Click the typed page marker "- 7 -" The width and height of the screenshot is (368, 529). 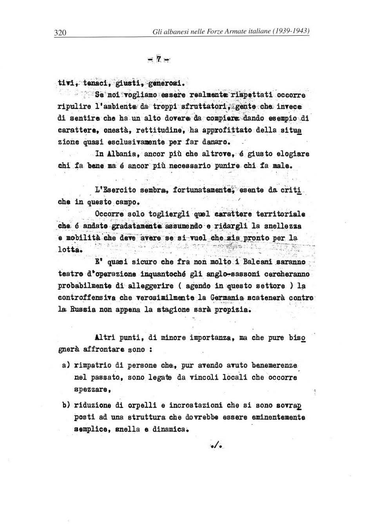click(159, 59)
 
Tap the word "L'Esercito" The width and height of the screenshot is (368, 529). click(116, 190)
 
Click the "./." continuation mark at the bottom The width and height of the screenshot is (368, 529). click(216, 445)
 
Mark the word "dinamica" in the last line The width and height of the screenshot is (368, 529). click(169, 429)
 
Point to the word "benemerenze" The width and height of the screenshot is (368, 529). click(274, 365)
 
